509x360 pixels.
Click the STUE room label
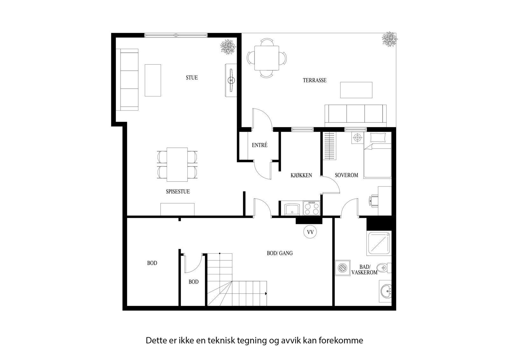coord(192,78)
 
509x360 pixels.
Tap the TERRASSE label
coord(314,81)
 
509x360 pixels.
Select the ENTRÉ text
coord(260,145)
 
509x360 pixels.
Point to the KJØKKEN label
coord(301,175)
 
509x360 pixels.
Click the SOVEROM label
coord(346,175)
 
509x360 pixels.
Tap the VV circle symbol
coord(310,232)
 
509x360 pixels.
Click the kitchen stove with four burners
coord(311,208)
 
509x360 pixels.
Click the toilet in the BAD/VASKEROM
coord(383,268)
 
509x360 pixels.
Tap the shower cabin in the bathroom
coord(379,244)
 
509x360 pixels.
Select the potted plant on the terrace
coord(389,39)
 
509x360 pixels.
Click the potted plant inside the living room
coord(228,46)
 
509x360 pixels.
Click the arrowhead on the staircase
coord(265,293)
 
